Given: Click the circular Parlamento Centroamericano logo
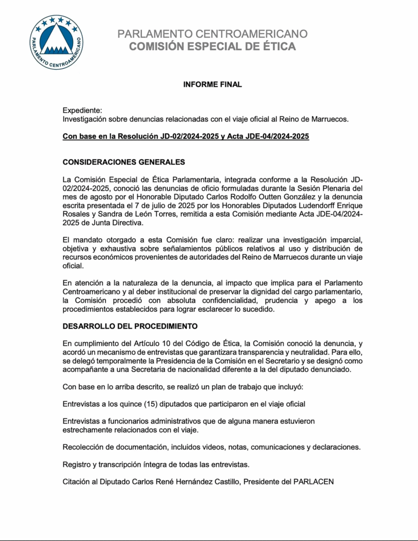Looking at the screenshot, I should [57, 42].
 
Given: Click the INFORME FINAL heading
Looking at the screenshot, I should [212, 84].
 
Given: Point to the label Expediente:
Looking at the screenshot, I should [82, 110].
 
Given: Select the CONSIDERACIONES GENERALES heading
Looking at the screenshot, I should [124, 161].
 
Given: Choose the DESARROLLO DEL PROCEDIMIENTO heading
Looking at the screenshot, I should [130, 325].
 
